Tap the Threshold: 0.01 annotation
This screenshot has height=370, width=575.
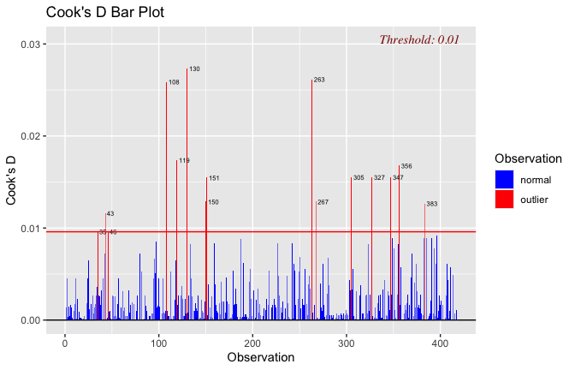click(x=419, y=39)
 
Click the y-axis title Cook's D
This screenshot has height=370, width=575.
click(x=11, y=181)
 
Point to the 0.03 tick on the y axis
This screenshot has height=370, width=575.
click(x=31, y=45)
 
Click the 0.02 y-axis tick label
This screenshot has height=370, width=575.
click(x=31, y=136)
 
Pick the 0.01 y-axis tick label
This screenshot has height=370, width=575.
click(x=31, y=229)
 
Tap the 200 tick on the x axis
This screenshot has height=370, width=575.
click(x=252, y=343)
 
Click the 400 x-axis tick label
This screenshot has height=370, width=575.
click(x=440, y=343)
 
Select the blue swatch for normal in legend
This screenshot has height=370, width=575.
click(x=504, y=179)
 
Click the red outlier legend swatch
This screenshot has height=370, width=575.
click(x=504, y=200)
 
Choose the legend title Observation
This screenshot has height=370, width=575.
click(x=528, y=158)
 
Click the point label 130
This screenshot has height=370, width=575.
click(x=194, y=69)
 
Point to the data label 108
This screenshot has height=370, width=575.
click(x=174, y=82)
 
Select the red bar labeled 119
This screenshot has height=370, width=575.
click(x=176, y=240)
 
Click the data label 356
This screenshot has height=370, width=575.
click(x=406, y=166)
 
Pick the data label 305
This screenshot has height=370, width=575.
click(x=359, y=178)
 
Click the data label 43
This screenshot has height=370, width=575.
click(x=110, y=213)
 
